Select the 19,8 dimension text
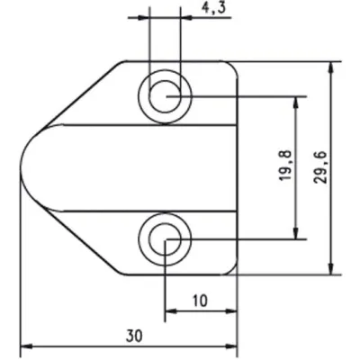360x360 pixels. coord(285,167)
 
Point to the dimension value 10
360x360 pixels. coord(200,301)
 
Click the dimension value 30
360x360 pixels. coord(134,335)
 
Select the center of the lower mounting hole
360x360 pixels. coord(164,238)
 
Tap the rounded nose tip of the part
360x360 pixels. coord(22,167)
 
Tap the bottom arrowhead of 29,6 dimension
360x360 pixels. coord(334,267)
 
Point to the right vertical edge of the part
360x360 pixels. coord(237,167)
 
